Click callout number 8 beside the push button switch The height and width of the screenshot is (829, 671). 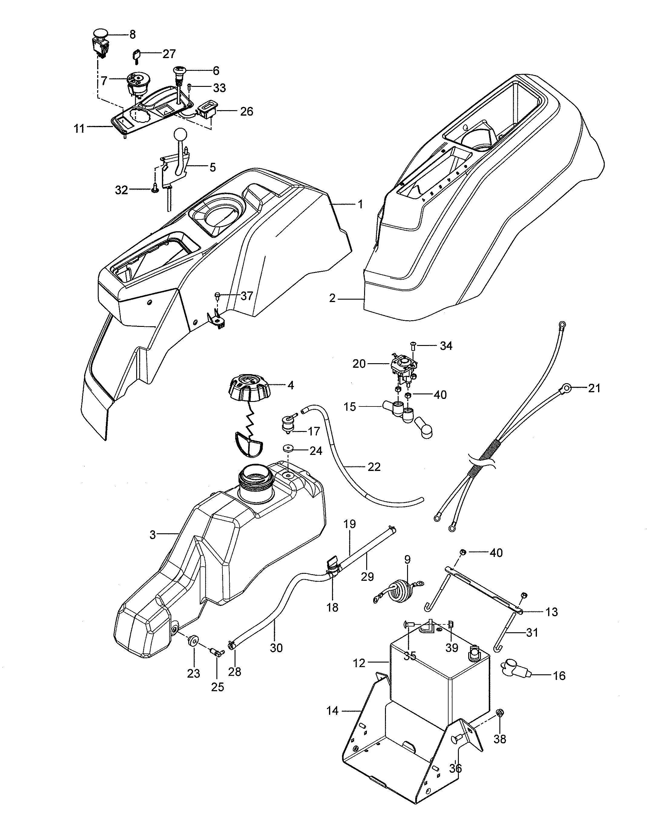[x=132, y=35]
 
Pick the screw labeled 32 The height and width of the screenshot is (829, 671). [x=155, y=190]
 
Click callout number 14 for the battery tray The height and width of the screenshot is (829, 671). [x=332, y=711]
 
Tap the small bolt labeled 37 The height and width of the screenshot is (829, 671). [x=217, y=296]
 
